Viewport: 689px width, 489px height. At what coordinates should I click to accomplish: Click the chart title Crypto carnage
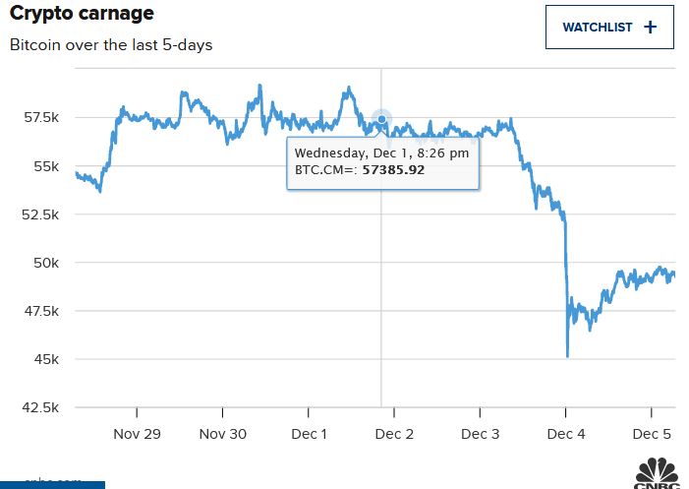point(82,15)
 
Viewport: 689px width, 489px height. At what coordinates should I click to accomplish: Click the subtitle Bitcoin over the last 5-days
point(111,45)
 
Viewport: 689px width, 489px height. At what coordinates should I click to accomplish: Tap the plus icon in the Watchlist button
point(650,28)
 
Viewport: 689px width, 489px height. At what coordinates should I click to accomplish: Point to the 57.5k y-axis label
point(42,118)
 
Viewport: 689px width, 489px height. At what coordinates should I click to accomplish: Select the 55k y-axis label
point(47,166)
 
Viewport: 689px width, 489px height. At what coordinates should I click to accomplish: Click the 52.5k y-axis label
point(42,214)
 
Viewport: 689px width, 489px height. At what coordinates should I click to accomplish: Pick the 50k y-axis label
point(47,263)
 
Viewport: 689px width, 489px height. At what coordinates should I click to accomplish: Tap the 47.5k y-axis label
point(42,311)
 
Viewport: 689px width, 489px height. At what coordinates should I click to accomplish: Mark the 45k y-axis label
point(47,359)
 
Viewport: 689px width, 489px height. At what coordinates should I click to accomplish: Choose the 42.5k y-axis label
point(42,407)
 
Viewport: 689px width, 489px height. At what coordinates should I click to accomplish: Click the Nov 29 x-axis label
point(137,434)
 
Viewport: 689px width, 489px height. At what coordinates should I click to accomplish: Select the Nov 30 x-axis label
point(222,434)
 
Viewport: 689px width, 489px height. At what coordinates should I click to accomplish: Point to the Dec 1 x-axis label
point(309,434)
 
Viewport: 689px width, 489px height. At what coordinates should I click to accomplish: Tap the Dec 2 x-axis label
point(394,434)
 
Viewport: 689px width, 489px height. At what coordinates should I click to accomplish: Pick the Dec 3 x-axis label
point(481,434)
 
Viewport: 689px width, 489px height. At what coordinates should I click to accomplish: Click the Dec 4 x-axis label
point(566,434)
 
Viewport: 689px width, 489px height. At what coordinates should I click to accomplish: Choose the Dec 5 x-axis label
point(652,434)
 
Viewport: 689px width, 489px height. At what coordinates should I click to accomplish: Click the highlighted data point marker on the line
point(381,120)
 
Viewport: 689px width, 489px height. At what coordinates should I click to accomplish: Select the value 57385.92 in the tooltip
point(393,170)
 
